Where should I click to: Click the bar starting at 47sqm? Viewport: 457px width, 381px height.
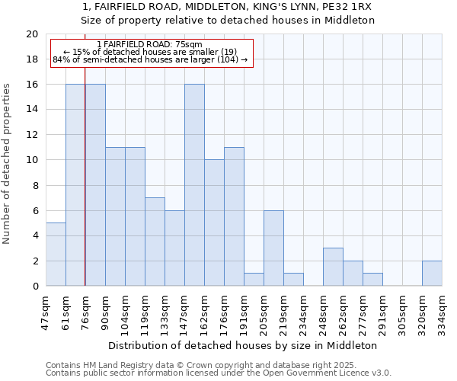point(56,255)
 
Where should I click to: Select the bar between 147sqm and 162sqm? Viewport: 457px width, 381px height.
point(194,185)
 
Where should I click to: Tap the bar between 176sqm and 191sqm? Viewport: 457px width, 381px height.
point(234,216)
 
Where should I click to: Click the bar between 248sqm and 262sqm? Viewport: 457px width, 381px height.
point(333,267)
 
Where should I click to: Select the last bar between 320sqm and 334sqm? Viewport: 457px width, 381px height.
point(432,274)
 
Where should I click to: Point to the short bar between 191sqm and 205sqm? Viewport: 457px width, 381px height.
point(254,280)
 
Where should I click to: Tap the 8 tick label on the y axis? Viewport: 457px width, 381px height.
point(34,185)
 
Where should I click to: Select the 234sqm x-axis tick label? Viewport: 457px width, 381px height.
point(303,310)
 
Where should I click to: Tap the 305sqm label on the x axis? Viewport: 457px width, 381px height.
point(402,310)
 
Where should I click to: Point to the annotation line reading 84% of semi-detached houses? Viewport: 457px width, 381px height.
point(150,59)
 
